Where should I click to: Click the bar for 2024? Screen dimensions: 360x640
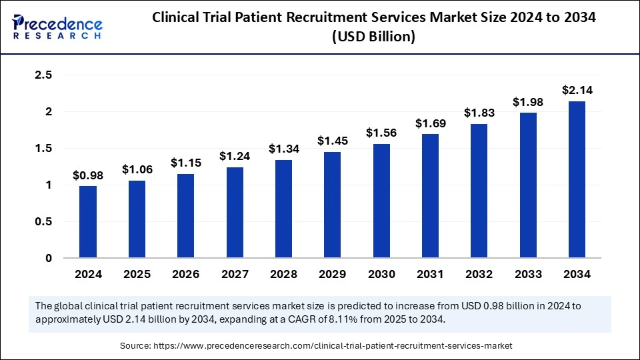[x=88, y=222]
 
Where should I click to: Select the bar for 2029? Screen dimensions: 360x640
[x=333, y=205]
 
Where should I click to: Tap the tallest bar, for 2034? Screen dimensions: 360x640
[x=577, y=179]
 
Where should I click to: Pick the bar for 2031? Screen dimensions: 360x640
[x=430, y=196]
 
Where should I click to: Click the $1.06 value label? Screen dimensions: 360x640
[x=137, y=170]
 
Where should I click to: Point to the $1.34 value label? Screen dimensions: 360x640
[x=283, y=149]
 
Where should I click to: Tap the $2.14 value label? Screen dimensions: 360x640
[x=577, y=90]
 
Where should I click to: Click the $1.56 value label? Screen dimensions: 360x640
[x=381, y=133]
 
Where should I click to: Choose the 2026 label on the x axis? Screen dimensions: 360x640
[x=185, y=274]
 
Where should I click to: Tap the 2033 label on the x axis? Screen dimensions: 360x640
[x=528, y=274]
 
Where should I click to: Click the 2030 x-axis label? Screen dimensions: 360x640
[x=381, y=274]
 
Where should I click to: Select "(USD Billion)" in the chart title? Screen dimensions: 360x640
[x=374, y=38]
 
